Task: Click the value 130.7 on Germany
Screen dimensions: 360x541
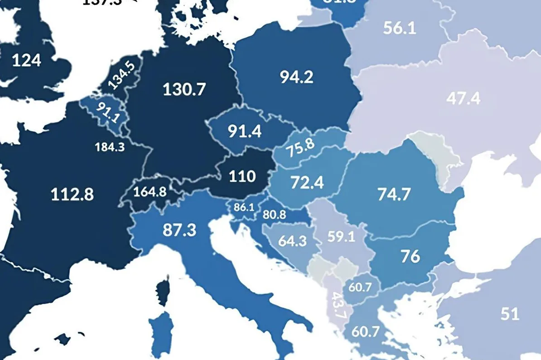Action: [x=184, y=89]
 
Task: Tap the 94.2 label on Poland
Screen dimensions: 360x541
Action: [x=296, y=77]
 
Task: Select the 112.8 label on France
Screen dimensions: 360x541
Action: [x=72, y=194]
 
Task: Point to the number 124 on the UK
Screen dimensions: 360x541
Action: [x=26, y=60]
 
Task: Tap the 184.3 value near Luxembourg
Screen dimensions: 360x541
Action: [x=110, y=147]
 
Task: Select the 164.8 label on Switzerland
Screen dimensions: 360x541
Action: [x=150, y=191]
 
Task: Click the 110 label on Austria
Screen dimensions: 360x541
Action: [x=242, y=176]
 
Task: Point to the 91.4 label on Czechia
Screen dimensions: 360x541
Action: [x=244, y=131]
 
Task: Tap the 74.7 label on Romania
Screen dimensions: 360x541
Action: [x=394, y=194]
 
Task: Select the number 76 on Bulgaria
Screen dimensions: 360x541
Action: [x=410, y=256]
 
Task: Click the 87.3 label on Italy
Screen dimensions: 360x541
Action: [x=179, y=230]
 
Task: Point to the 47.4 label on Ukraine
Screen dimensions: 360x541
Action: [x=463, y=98]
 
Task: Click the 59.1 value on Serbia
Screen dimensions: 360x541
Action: [x=341, y=237]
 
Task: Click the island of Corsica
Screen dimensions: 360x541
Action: [x=162, y=290]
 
